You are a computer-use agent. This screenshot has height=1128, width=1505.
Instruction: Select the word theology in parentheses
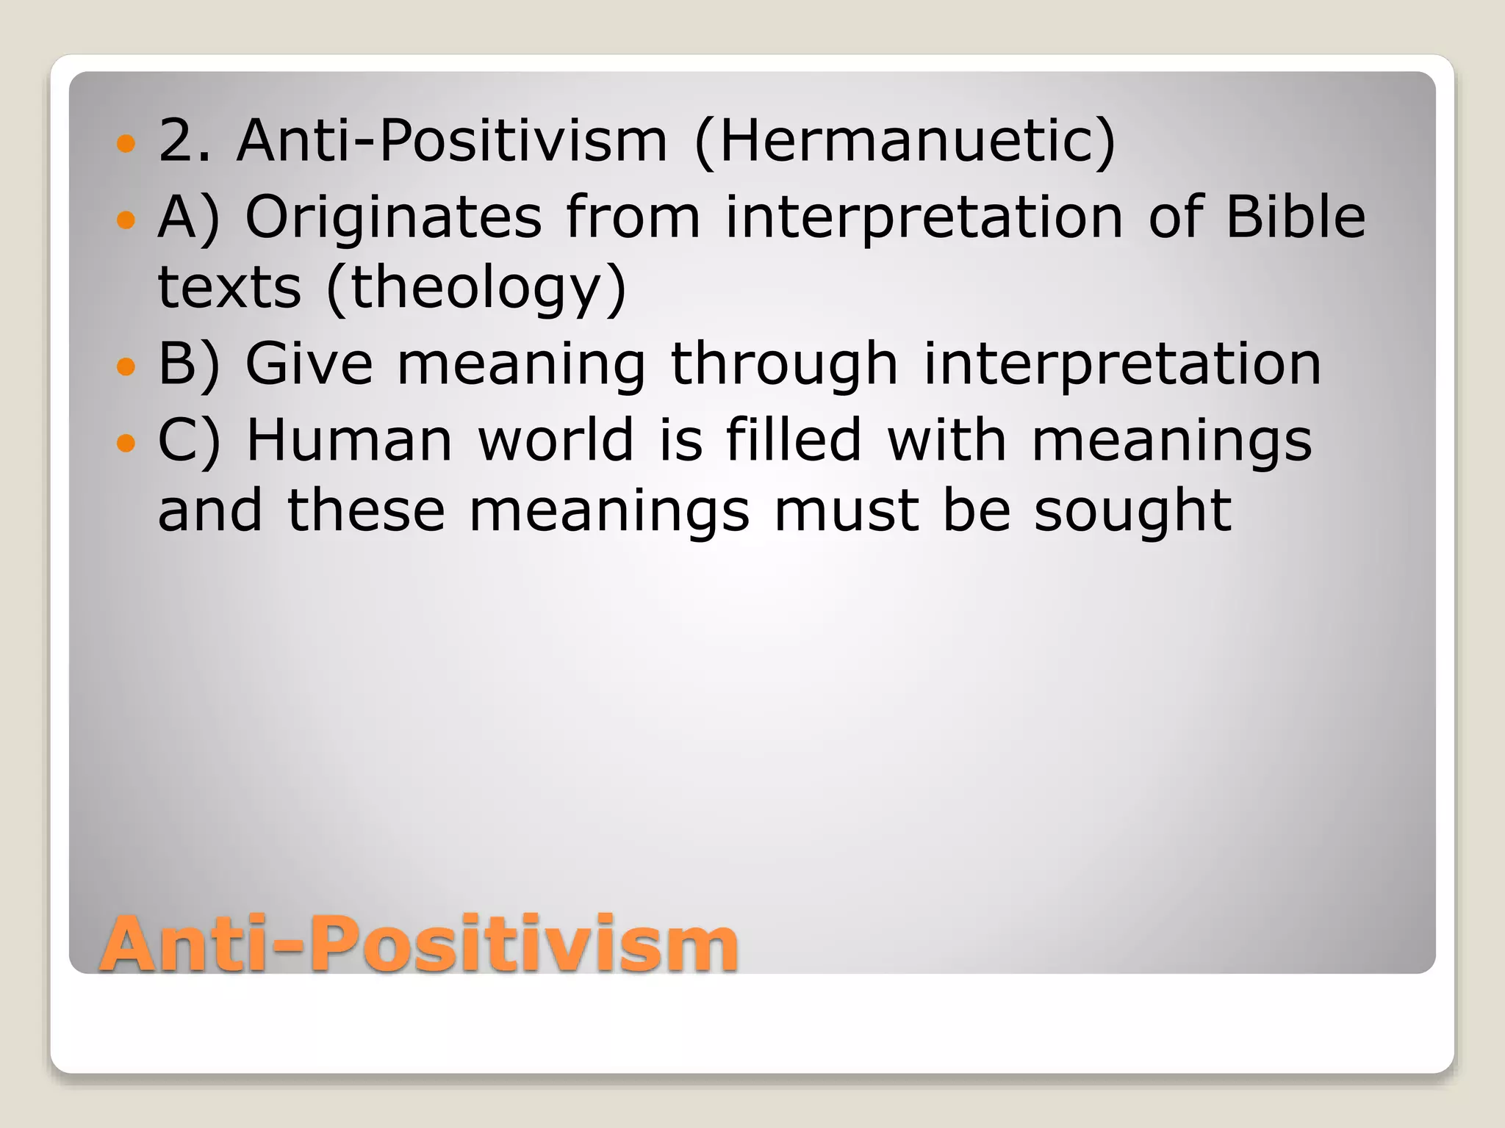(476, 288)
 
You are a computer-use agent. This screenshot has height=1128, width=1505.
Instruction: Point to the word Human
(349, 441)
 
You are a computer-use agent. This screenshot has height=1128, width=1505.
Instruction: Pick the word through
(784, 364)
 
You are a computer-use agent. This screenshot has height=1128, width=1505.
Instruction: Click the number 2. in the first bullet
(184, 141)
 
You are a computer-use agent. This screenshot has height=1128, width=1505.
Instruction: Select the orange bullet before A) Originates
(126, 218)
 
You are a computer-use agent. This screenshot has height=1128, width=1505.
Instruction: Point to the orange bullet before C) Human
(126, 442)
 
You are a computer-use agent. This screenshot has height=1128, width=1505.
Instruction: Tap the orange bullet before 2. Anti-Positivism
(126, 142)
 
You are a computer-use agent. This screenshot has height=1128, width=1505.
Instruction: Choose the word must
(846, 510)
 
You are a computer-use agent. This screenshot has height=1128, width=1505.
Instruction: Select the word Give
(309, 364)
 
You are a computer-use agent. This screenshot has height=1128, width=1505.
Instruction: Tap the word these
(366, 510)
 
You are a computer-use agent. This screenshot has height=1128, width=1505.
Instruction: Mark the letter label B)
(188, 364)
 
